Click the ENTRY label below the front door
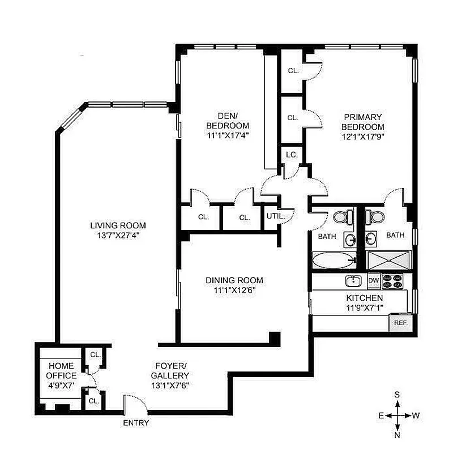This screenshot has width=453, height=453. (136, 422)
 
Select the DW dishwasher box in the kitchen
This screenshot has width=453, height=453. (373, 280)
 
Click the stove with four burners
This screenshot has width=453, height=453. (392, 280)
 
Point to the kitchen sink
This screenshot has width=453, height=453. (353, 280)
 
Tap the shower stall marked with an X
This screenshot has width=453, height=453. (390, 260)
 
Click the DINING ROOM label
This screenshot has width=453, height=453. (234, 280)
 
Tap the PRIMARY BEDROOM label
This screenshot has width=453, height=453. (363, 122)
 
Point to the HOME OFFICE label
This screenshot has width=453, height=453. (62, 371)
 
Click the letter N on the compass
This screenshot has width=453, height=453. (398, 435)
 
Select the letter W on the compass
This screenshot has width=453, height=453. (416, 415)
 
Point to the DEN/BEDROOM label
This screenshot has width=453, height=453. (228, 120)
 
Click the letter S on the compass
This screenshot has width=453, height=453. (398, 395)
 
